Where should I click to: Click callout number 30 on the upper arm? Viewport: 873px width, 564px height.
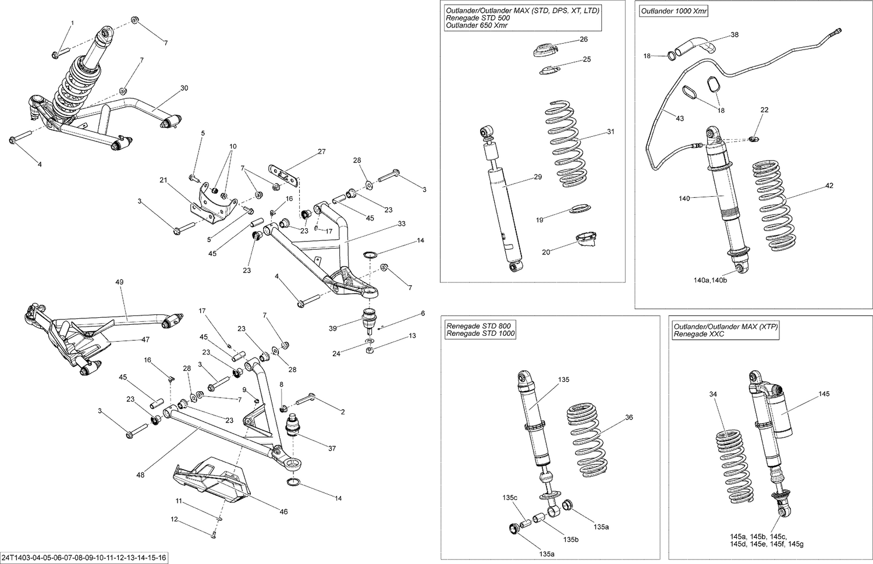184,88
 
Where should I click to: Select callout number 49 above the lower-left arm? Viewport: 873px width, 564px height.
119,282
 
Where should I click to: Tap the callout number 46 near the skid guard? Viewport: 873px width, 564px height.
283,512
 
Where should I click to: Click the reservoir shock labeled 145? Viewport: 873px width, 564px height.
774,410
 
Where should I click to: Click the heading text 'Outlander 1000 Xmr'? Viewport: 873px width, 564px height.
674,11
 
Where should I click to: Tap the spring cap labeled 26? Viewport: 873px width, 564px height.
545,51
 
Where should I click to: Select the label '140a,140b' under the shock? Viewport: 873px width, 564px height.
709,280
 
